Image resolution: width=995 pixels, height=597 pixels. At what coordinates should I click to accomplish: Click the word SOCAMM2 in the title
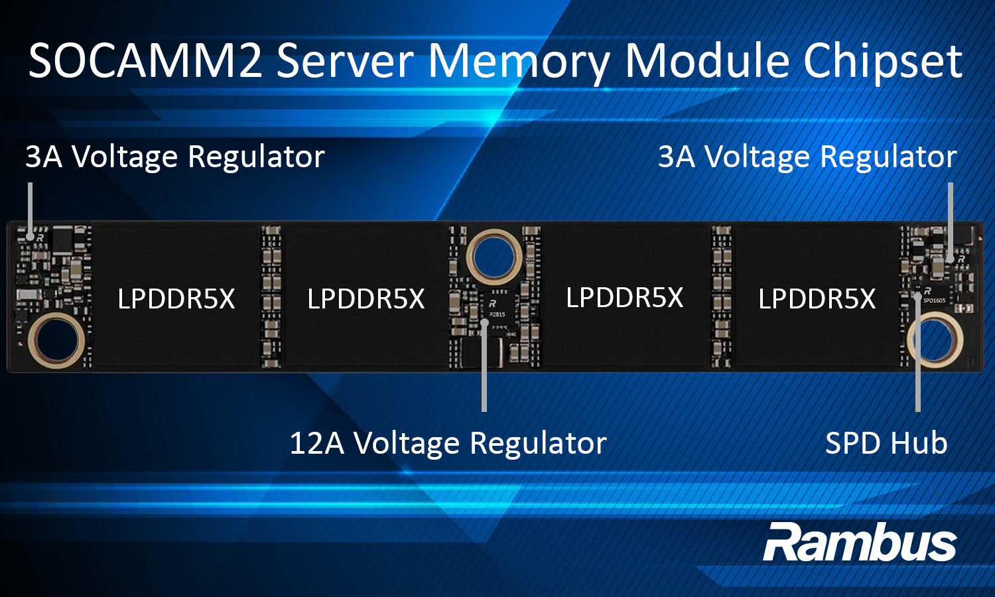[x=145, y=61]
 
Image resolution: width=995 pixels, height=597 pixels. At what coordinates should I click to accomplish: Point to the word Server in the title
[x=345, y=61]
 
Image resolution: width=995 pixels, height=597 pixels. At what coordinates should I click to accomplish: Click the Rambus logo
[x=860, y=543]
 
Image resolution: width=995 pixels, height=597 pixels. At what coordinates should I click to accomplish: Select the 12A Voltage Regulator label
[x=448, y=443]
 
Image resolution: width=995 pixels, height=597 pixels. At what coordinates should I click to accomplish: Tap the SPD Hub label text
[x=886, y=443]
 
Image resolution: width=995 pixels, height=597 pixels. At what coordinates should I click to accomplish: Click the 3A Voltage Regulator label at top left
[x=175, y=157]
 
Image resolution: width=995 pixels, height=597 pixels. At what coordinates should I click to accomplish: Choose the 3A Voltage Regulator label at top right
[x=807, y=157]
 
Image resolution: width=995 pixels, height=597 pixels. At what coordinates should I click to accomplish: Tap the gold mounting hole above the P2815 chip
[x=494, y=256]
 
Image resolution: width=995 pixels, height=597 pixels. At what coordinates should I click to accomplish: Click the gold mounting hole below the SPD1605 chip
[x=935, y=340]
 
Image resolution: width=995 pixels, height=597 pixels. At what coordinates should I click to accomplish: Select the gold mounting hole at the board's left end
[x=56, y=340]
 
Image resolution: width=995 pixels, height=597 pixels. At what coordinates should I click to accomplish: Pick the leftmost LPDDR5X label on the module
[x=176, y=299]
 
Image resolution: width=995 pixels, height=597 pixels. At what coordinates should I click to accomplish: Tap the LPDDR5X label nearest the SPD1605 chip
[x=817, y=299]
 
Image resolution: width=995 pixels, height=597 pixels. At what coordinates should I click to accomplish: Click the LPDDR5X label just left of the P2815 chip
[x=365, y=299]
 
